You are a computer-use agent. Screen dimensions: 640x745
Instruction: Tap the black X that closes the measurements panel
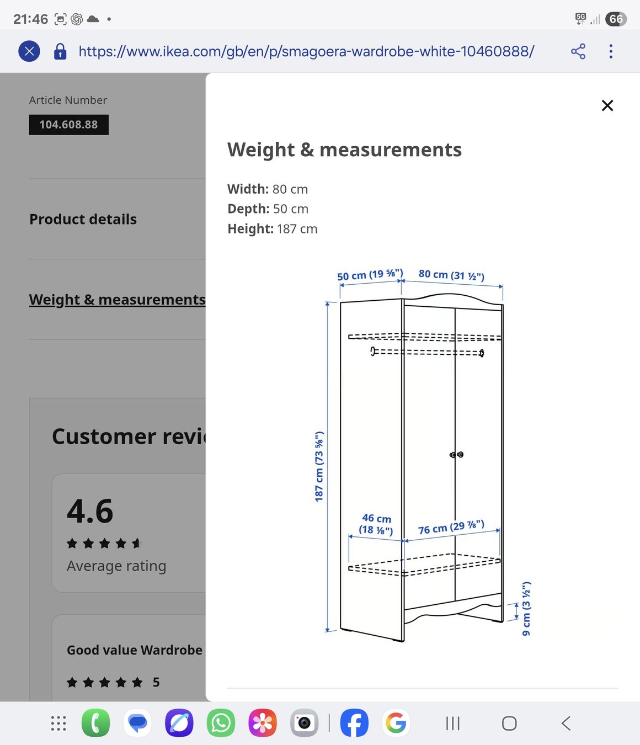607,105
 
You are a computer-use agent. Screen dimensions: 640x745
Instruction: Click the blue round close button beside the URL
29,51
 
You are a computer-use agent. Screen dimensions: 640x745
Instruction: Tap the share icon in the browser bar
578,51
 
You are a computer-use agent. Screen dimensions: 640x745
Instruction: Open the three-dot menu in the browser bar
610,51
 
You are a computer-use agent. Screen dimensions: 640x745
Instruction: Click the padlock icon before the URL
60,51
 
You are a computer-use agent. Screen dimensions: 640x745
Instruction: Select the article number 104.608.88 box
69,125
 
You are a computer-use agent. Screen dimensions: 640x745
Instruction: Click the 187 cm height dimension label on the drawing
319,466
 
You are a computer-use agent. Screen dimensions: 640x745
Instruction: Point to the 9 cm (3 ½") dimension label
526,608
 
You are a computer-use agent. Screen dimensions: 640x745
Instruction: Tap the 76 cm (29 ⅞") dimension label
451,528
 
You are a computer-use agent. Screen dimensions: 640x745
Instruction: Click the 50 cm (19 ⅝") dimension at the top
370,275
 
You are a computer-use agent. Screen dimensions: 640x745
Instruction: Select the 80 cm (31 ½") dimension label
451,275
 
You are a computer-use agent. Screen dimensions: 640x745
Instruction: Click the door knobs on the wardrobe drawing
457,455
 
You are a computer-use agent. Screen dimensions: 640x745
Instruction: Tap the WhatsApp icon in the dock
221,723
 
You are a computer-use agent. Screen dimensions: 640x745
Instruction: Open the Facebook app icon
354,723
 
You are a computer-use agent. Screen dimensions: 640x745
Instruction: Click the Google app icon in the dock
396,723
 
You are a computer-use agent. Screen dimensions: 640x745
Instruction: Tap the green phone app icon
96,723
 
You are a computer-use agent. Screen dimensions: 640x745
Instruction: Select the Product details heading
83,219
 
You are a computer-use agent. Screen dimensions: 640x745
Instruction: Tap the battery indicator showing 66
616,19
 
